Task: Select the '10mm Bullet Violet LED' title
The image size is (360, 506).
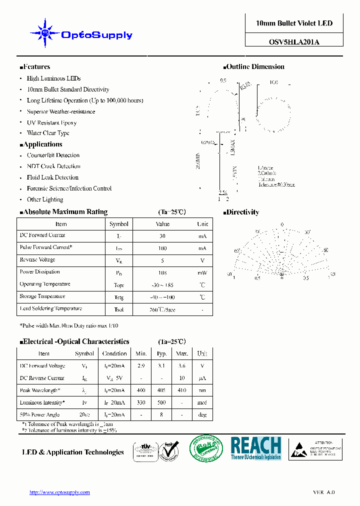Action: click(x=294, y=23)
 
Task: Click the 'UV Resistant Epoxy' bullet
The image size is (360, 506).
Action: click(x=51, y=122)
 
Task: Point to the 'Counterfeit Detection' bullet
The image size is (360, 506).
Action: click(x=53, y=155)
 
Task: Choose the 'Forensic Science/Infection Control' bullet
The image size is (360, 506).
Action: click(x=69, y=188)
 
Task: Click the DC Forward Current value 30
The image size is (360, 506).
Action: click(x=162, y=236)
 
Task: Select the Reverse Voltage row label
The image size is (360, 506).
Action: click(x=37, y=260)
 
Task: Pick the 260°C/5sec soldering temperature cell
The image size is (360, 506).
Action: click(x=162, y=309)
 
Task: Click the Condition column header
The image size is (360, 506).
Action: click(x=114, y=353)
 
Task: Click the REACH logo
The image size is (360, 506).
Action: click(x=255, y=448)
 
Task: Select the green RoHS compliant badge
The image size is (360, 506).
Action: click(x=206, y=448)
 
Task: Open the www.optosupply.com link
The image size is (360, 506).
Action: click(x=60, y=492)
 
